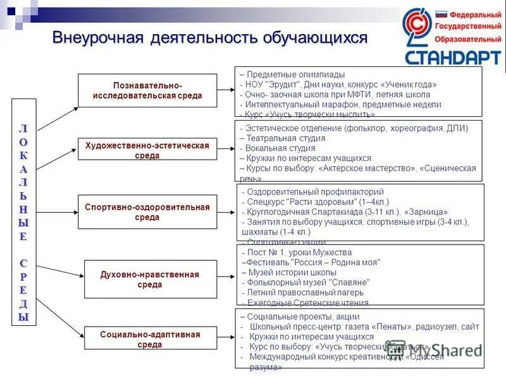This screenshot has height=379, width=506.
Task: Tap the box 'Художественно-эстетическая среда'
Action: [x=147, y=150]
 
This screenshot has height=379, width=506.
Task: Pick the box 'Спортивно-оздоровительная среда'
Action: [x=147, y=212]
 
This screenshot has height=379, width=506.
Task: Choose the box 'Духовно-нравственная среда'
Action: [x=150, y=279]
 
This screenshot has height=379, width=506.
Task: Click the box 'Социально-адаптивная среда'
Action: [x=150, y=339]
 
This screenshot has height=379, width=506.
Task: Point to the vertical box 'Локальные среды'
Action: [x=23, y=212]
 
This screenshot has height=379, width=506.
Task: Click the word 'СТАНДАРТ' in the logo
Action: [x=452, y=58]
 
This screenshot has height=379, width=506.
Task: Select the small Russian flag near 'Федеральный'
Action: [x=440, y=13]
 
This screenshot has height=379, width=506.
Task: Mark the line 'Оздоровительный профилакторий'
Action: [x=314, y=191]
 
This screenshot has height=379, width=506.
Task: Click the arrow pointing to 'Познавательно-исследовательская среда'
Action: [x=57, y=119]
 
